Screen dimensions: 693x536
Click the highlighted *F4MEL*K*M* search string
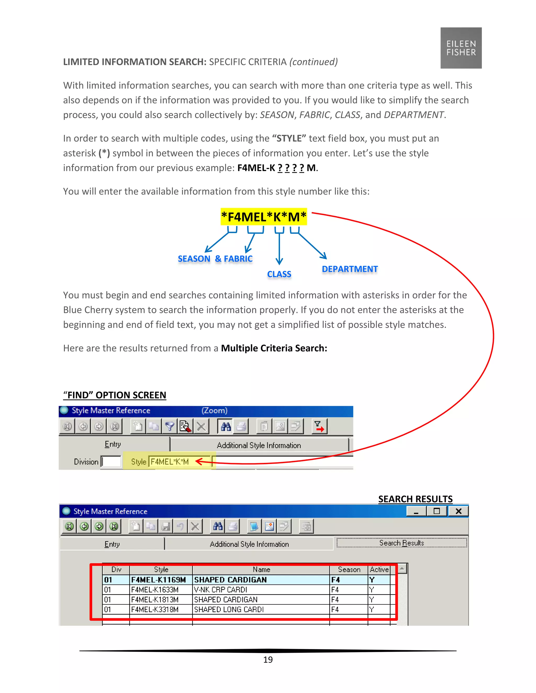(x=264, y=217)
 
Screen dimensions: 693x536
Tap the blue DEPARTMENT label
(x=350, y=269)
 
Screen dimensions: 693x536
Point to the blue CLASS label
(x=279, y=274)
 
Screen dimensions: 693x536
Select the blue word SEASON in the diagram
(x=194, y=259)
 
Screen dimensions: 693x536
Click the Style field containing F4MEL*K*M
(x=179, y=462)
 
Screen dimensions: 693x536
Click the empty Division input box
(x=111, y=462)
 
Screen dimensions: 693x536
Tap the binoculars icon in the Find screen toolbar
(x=226, y=427)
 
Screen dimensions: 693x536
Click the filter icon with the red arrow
(x=319, y=427)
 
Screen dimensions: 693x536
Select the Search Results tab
(x=401, y=543)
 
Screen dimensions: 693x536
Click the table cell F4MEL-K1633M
(x=155, y=590)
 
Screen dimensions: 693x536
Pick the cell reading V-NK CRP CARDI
(x=221, y=590)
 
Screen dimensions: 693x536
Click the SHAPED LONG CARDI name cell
(x=229, y=610)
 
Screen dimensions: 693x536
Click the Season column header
(x=349, y=570)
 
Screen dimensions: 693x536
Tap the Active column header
(x=379, y=570)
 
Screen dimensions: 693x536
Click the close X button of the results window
(x=458, y=511)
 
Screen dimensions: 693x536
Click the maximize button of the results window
(x=437, y=511)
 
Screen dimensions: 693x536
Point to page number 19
(x=268, y=660)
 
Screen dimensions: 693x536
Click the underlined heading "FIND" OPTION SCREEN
(x=115, y=395)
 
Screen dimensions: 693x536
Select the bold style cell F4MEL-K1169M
(x=158, y=580)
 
